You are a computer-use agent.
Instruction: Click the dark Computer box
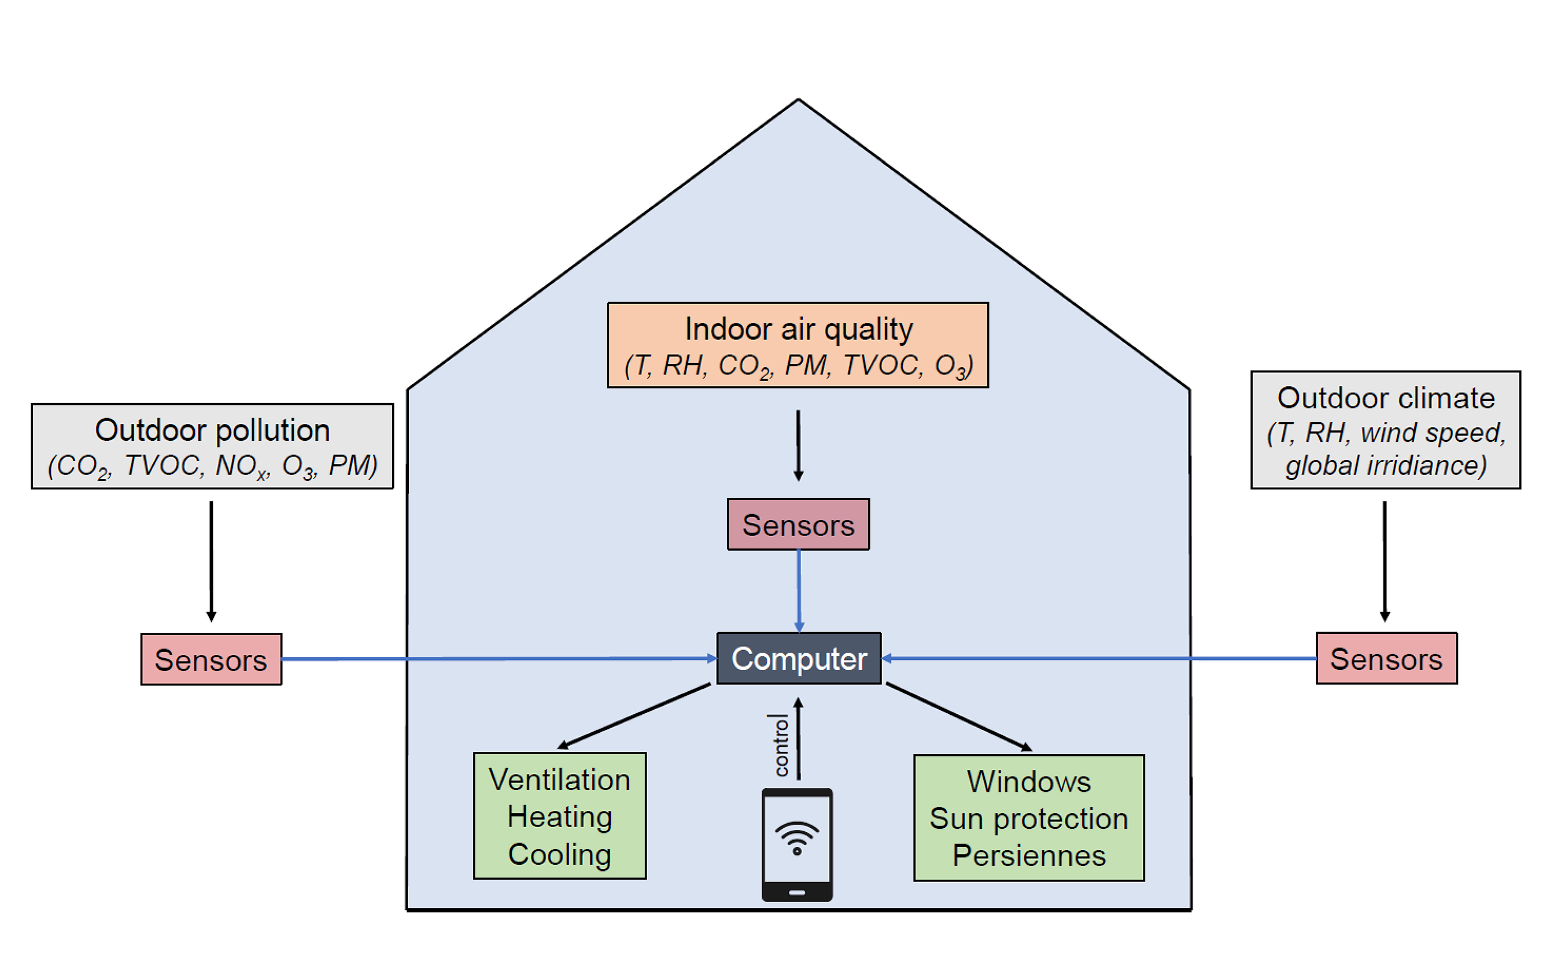pos(799,658)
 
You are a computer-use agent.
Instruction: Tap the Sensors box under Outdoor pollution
pos(211,659)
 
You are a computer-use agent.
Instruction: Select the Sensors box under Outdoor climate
pos(1386,658)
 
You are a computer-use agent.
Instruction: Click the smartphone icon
pos(797,844)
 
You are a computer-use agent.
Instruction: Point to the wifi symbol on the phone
pos(797,837)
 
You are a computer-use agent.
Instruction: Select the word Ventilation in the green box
pos(559,780)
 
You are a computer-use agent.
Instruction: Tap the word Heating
pos(559,817)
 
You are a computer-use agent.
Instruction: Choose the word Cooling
pos(559,854)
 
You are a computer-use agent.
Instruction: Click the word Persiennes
pos(1029,855)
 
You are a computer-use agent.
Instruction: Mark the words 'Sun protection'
pos(1029,819)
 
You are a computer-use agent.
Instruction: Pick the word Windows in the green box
pos(1029,781)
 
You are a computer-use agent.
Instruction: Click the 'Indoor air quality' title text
pos(799,330)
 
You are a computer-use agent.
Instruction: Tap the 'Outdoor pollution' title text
pos(212,431)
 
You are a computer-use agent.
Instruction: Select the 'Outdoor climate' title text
pos(1386,399)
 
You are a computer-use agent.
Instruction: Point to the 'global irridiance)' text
pos(1386,466)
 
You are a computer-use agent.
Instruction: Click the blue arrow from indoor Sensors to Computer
pos(799,591)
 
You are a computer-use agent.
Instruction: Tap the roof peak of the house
pos(799,99)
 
